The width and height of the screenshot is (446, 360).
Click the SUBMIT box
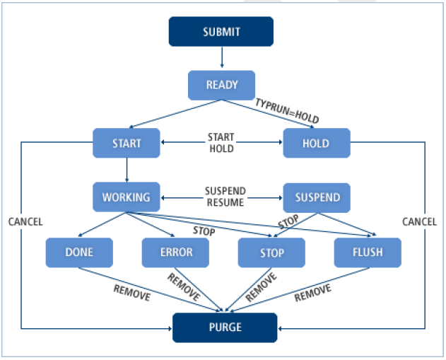tap(221, 32)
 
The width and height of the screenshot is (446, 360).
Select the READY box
tap(221, 86)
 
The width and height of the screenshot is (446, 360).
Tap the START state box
tap(127, 144)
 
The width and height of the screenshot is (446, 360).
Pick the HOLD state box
tap(316, 144)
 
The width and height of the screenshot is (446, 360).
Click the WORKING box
tap(127, 197)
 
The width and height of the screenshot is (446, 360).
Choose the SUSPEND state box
tap(316, 197)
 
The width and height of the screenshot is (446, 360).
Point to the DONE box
tap(78, 252)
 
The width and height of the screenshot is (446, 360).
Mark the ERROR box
tap(175, 252)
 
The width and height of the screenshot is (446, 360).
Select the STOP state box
tap(271, 252)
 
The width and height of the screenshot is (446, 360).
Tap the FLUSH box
tap(368, 252)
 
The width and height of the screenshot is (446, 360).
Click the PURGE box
tap(225, 327)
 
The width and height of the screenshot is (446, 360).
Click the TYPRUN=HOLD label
tap(286, 110)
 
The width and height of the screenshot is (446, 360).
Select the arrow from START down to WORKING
tap(127, 170)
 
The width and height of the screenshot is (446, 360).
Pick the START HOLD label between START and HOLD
tap(221, 144)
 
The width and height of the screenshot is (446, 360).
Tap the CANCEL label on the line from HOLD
tap(420, 222)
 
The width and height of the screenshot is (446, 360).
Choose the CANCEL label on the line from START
tap(25, 222)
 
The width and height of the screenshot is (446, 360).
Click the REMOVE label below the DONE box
tap(131, 292)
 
